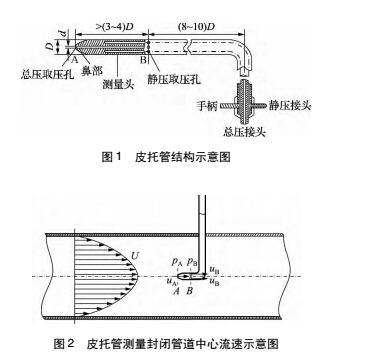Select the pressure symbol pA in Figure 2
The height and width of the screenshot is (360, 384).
pyautogui.click(x=175, y=262)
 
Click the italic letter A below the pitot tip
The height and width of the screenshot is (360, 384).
pyautogui.click(x=176, y=292)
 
